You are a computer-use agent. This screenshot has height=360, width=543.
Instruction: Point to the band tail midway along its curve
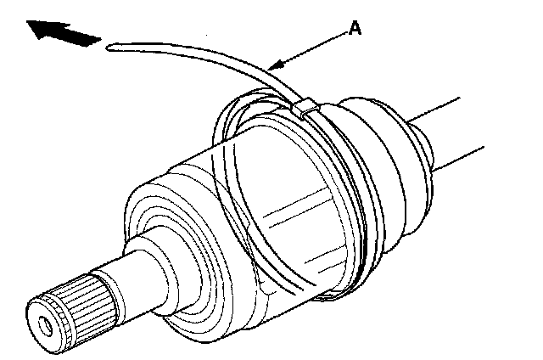212,59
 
